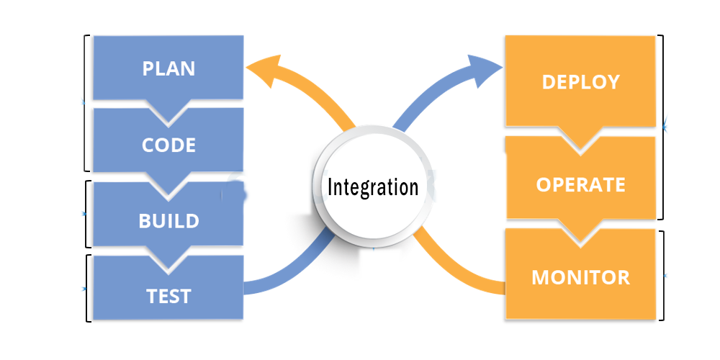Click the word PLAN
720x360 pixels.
168,69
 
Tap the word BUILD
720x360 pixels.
168,220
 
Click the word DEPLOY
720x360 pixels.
580,82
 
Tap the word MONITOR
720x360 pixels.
580,277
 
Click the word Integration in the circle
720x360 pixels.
372,187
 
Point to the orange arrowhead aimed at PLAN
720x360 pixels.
259,68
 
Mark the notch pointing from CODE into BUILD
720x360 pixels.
168,189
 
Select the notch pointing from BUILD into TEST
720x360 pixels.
168,264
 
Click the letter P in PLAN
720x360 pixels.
148,69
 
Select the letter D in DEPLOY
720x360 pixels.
548,82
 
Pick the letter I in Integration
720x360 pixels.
330,187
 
